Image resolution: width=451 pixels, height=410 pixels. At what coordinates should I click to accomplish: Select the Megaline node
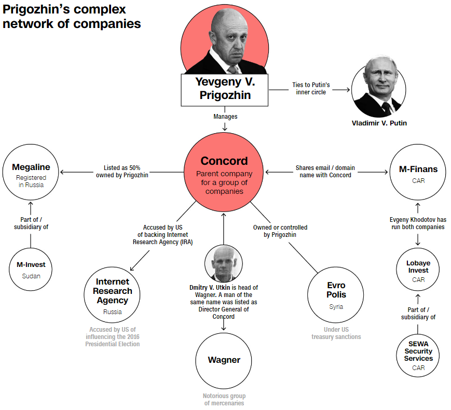pos(31,173)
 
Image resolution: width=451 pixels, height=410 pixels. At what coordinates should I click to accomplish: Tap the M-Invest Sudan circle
pos(31,270)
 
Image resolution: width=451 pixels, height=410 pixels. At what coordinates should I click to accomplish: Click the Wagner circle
pos(224,360)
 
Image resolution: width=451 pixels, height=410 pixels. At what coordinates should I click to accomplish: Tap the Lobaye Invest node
pos(418,271)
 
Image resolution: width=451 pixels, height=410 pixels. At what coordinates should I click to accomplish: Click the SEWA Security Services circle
pos(418,355)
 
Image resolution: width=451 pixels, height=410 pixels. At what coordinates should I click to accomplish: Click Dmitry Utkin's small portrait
pos(224,263)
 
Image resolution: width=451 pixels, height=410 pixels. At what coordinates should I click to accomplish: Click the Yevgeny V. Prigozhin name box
pos(225,89)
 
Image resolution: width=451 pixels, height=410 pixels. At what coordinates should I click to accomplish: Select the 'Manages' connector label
pos(225,117)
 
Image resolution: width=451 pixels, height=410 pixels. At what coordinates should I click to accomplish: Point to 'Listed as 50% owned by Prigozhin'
pos(122,172)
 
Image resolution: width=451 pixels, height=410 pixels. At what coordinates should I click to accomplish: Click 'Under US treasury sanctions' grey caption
pos(336,333)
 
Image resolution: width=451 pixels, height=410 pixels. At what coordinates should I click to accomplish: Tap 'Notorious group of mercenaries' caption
pos(224,400)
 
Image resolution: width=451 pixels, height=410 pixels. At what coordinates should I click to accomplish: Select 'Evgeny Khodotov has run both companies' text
pos(417,223)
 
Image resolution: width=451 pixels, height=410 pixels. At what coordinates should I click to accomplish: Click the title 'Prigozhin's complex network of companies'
pos(71,16)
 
